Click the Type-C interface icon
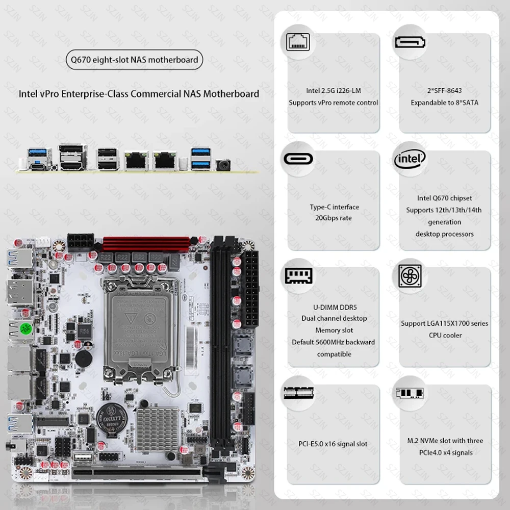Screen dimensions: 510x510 coord(299,159)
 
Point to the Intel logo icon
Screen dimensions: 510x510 coord(410,159)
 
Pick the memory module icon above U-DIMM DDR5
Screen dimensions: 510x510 coord(299,276)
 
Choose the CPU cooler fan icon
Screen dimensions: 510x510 coord(410,276)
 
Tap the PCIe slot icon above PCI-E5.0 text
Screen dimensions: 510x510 coord(299,393)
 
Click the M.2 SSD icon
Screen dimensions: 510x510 coord(410,393)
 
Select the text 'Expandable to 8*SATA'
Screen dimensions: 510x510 coord(445,103)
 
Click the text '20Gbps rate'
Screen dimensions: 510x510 coord(334,218)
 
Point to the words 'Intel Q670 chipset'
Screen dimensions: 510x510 coord(445,198)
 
